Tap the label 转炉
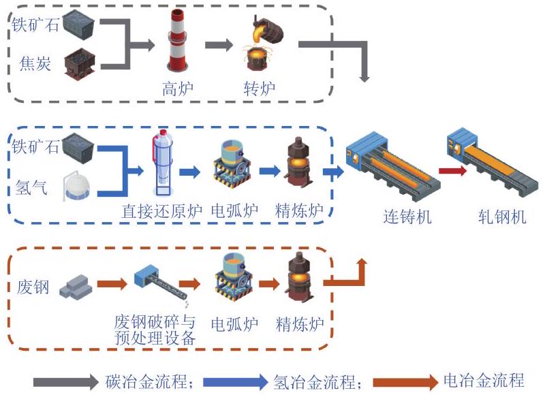(x=260, y=89)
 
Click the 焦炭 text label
(x=35, y=64)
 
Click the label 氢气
(x=31, y=187)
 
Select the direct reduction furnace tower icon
(x=162, y=163)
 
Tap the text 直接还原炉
(x=161, y=211)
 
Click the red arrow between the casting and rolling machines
(x=452, y=171)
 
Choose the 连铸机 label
(x=407, y=217)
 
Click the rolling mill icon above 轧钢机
(x=493, y=162)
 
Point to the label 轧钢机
(x=502, y=217)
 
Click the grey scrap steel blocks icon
(x=76, y=287)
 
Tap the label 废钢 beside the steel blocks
(x=33, y=287)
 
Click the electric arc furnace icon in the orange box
(x=233, y=277)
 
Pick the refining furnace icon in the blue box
(x=299, y=163)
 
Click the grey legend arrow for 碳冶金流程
(x=66, y=382)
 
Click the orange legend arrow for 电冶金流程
(x=405, y=383)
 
